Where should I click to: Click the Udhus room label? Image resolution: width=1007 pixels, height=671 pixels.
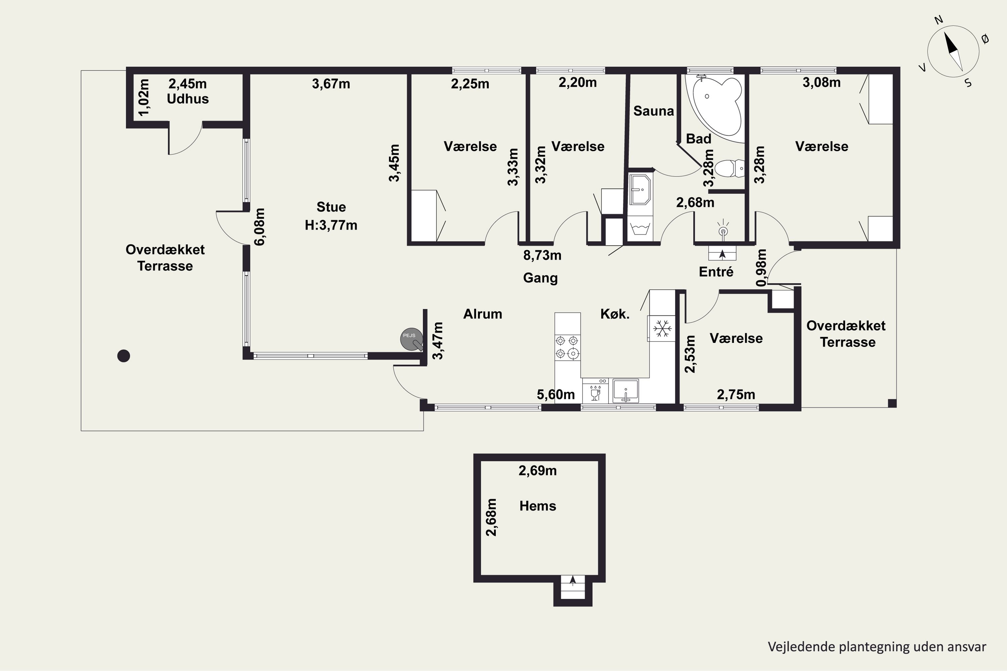click(x=188, y=99)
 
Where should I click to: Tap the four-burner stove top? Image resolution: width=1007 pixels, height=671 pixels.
click(x=568, y=347)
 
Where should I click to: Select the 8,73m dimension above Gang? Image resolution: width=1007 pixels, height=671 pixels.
click(x=542, y=255)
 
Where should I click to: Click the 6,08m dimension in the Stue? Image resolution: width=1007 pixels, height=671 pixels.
click(x=260, y=227)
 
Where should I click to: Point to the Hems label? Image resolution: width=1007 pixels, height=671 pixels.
click(x=538, y=506)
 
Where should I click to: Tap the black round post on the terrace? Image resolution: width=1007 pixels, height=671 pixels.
click(x=124, y=356)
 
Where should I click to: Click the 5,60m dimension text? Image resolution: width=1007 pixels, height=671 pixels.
click(x=556, y=395)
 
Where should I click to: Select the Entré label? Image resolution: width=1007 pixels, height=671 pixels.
click(x=716, y=272)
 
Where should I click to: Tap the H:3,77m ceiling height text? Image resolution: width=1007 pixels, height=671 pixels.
click(x=331, y=225)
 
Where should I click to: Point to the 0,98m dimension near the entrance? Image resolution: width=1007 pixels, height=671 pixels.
click(x=761, y=267)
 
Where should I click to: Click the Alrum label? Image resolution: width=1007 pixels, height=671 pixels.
click(x=483, y=314)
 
